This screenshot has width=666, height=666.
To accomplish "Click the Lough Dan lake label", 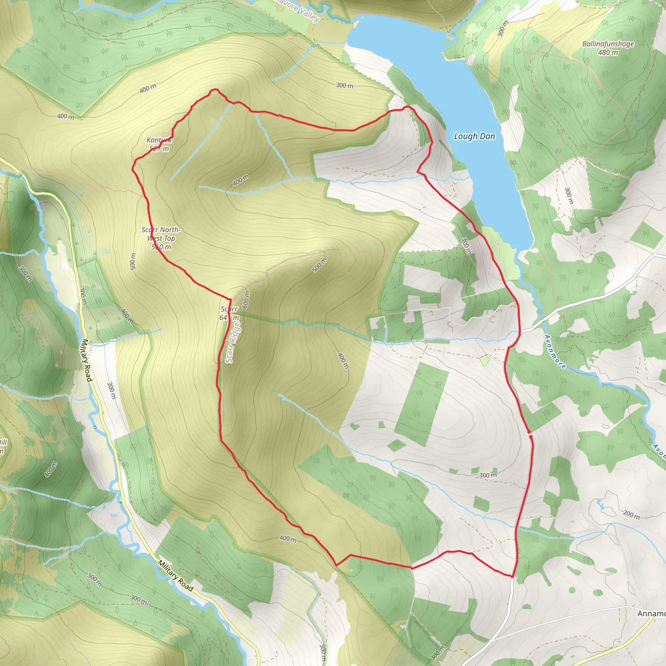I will (x=474, y=136).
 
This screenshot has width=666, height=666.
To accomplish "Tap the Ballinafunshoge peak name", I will (x=608, y=44).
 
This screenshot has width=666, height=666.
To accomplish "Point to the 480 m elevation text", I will (x=608, y=52).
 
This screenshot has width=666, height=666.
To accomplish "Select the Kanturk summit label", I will (x=159, y=140).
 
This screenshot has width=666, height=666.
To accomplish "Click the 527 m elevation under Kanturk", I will (x=159, y=149).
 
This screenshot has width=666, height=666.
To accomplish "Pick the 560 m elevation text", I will (x=161, y=247).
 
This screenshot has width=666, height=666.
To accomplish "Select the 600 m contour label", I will (x=246, y=299).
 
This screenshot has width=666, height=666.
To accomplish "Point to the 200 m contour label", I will (x=631, y=514).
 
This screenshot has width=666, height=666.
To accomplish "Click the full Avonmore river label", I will (x=555, y=352).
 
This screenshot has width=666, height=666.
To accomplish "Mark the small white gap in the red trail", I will (x=530, y=434).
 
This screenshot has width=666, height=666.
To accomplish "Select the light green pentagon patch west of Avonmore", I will (x=484, y=361).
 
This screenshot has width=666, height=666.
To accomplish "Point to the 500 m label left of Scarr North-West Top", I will (x=133, y=261).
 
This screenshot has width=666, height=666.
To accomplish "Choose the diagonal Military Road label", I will (x=176, y=575).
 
